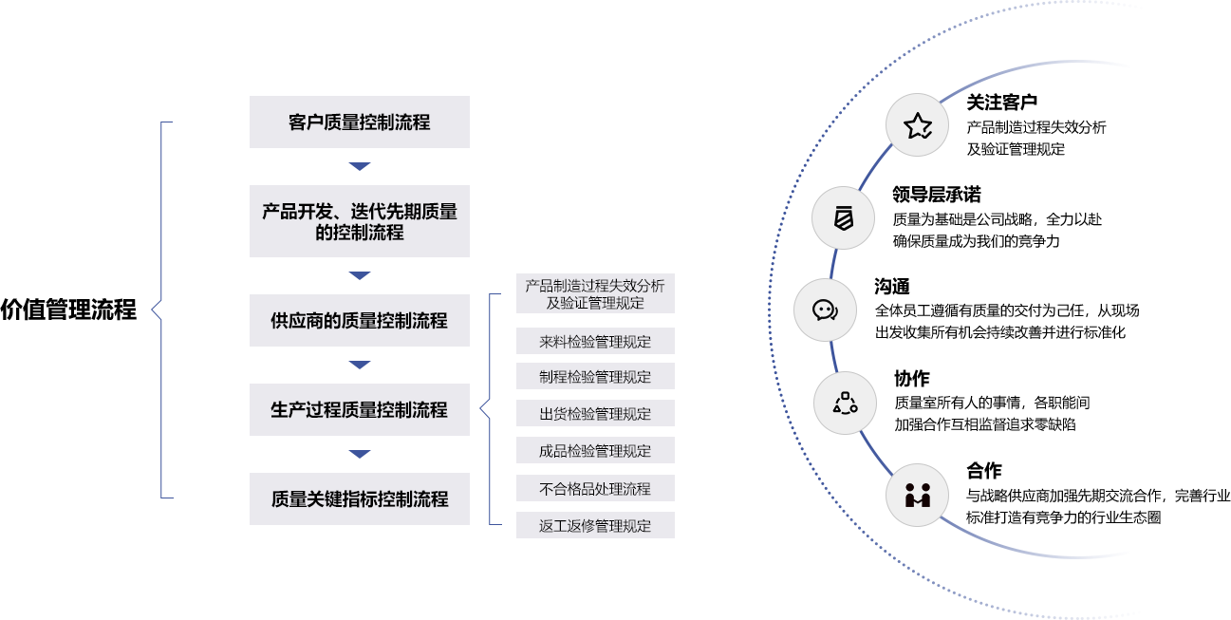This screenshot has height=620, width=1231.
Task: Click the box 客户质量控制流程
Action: [x=359, y=122]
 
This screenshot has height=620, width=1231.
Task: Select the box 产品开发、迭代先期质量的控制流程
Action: [x=359, y=221]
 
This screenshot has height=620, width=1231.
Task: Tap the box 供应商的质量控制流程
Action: [x=359, y=320]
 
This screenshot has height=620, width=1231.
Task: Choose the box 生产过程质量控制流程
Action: [x=359, y=409]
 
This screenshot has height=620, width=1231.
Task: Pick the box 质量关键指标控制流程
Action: [x=359, y=498]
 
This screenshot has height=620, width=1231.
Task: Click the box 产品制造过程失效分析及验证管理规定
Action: [x=595, y=293]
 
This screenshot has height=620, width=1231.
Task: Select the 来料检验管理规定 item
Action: [x=595, y=341]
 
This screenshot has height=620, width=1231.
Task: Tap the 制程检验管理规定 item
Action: [x=595, y=376]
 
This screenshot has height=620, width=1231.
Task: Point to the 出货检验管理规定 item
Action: [x=595, y=413]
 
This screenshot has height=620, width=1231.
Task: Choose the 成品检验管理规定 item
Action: [x=595, y=450]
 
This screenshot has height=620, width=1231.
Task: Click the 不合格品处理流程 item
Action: [x=595, y=488]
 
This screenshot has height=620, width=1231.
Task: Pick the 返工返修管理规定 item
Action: [x=595, y=525]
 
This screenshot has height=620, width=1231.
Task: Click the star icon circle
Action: [x=918, y=125]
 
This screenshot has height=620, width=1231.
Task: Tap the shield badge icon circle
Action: [x=843, y=218]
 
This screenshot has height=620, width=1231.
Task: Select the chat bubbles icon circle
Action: [x=825, y=310]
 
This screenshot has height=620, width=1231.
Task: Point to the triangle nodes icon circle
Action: [x=845, y=403]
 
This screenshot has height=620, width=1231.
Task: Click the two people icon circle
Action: [x=917, y=495]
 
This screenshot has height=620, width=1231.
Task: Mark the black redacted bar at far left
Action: [x=68, y=310]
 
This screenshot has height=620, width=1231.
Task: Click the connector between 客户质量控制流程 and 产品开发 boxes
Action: [x=359, y=166]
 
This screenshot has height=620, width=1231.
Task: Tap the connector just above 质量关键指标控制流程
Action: [x=359, y=454]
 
